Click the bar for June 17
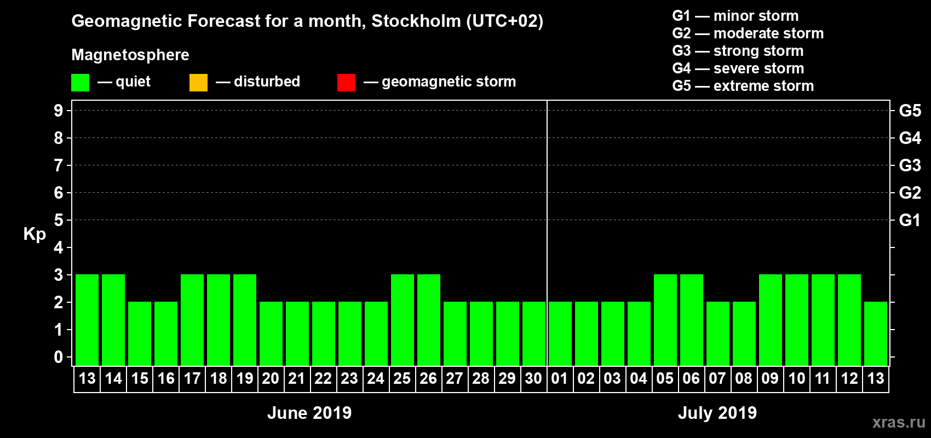click(192, 320)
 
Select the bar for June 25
click(403, 320)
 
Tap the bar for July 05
click(665, 320)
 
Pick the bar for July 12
click(849, 320)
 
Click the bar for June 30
click(534, 333)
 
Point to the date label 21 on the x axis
click(297, 379)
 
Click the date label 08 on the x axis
click(744, 379)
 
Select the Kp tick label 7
click(59, 165)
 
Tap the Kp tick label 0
click(59, 358)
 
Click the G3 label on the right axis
click(910, 165)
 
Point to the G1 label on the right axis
click(910, 220)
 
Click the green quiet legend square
click(81, 83)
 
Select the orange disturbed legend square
click(198, 83)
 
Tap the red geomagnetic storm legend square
click(346, 83)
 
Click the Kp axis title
click(35, 234)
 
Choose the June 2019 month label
click(309, 413)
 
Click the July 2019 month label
click(717, 413)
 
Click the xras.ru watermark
click(899, 422)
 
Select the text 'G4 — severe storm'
click(738, 68)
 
